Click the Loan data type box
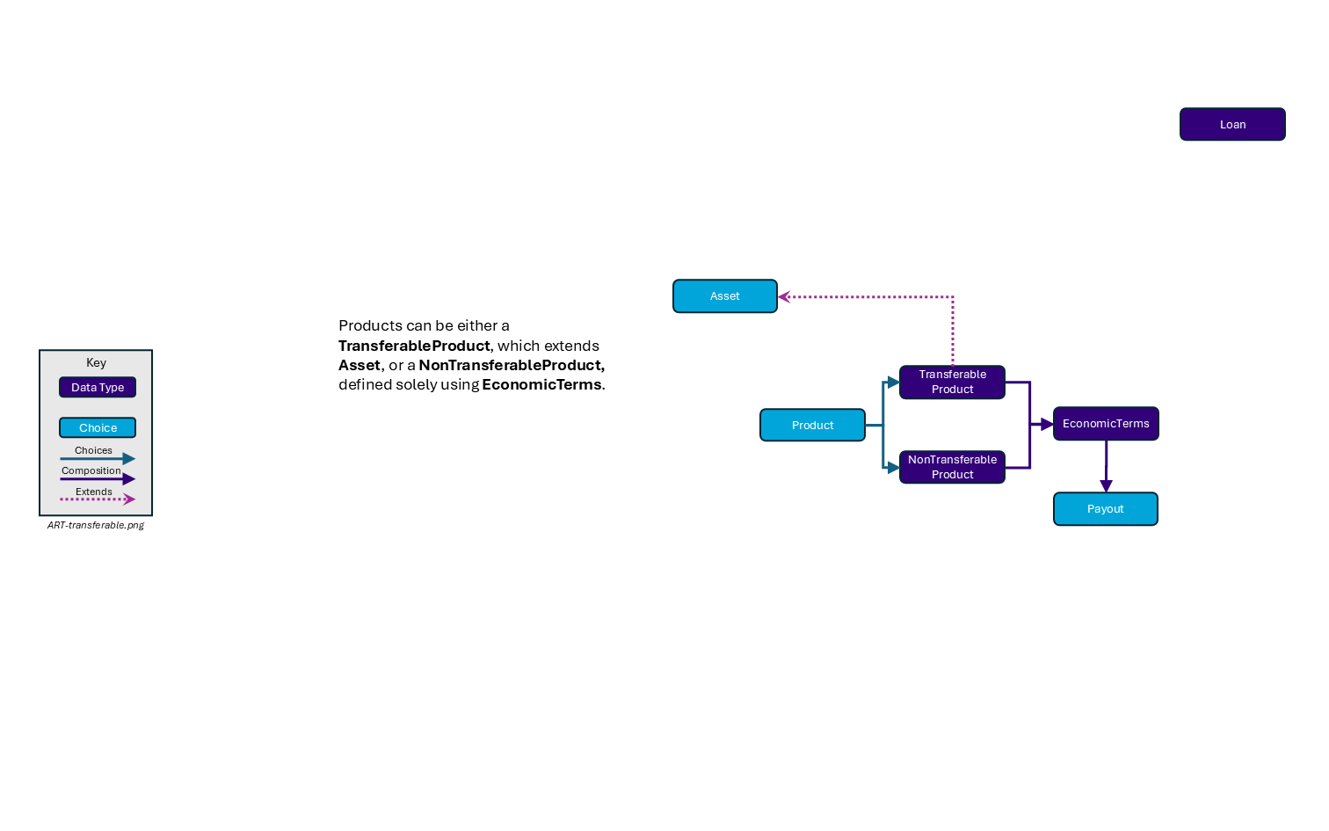(x=1231, y=124)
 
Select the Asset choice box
(x=724, y=296)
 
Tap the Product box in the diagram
(x=812, y=425)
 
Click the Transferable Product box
(x=952, y=382)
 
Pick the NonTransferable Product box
(x=952, y=467)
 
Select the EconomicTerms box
(x=1105, y=424)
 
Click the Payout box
(x=1105, y=509)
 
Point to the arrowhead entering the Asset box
(x=784, y=297)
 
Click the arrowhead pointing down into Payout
(x=1106, y=486)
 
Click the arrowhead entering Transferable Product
(x=893, y=383)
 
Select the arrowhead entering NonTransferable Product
(x=893, y=467)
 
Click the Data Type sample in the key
(x=98, y=387)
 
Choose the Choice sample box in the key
(x=98, y=427)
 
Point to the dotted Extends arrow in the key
(x=98, y=499)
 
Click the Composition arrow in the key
(x=98, y=479)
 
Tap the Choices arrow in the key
(x=98, y=458)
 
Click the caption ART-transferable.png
(x=96, y=525)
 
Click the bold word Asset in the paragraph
(x=359, y=365)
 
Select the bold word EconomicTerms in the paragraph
(x=541, y=384)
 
